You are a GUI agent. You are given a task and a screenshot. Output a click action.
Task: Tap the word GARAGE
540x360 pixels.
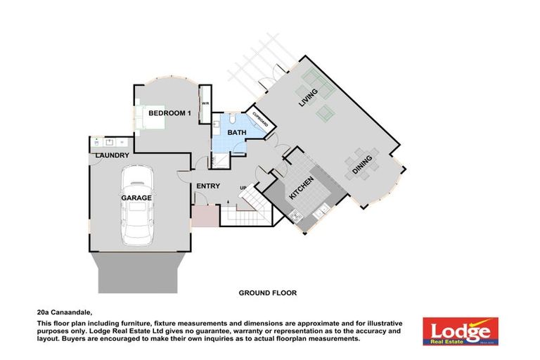[136, 198]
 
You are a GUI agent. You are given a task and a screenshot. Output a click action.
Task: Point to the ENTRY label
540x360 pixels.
[209, 186]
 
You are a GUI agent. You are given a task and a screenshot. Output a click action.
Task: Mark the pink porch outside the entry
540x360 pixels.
[205, 217]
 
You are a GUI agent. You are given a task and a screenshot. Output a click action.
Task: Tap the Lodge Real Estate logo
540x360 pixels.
[461, 330]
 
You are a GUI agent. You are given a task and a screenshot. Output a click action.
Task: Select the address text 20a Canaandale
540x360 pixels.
[65, 311]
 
